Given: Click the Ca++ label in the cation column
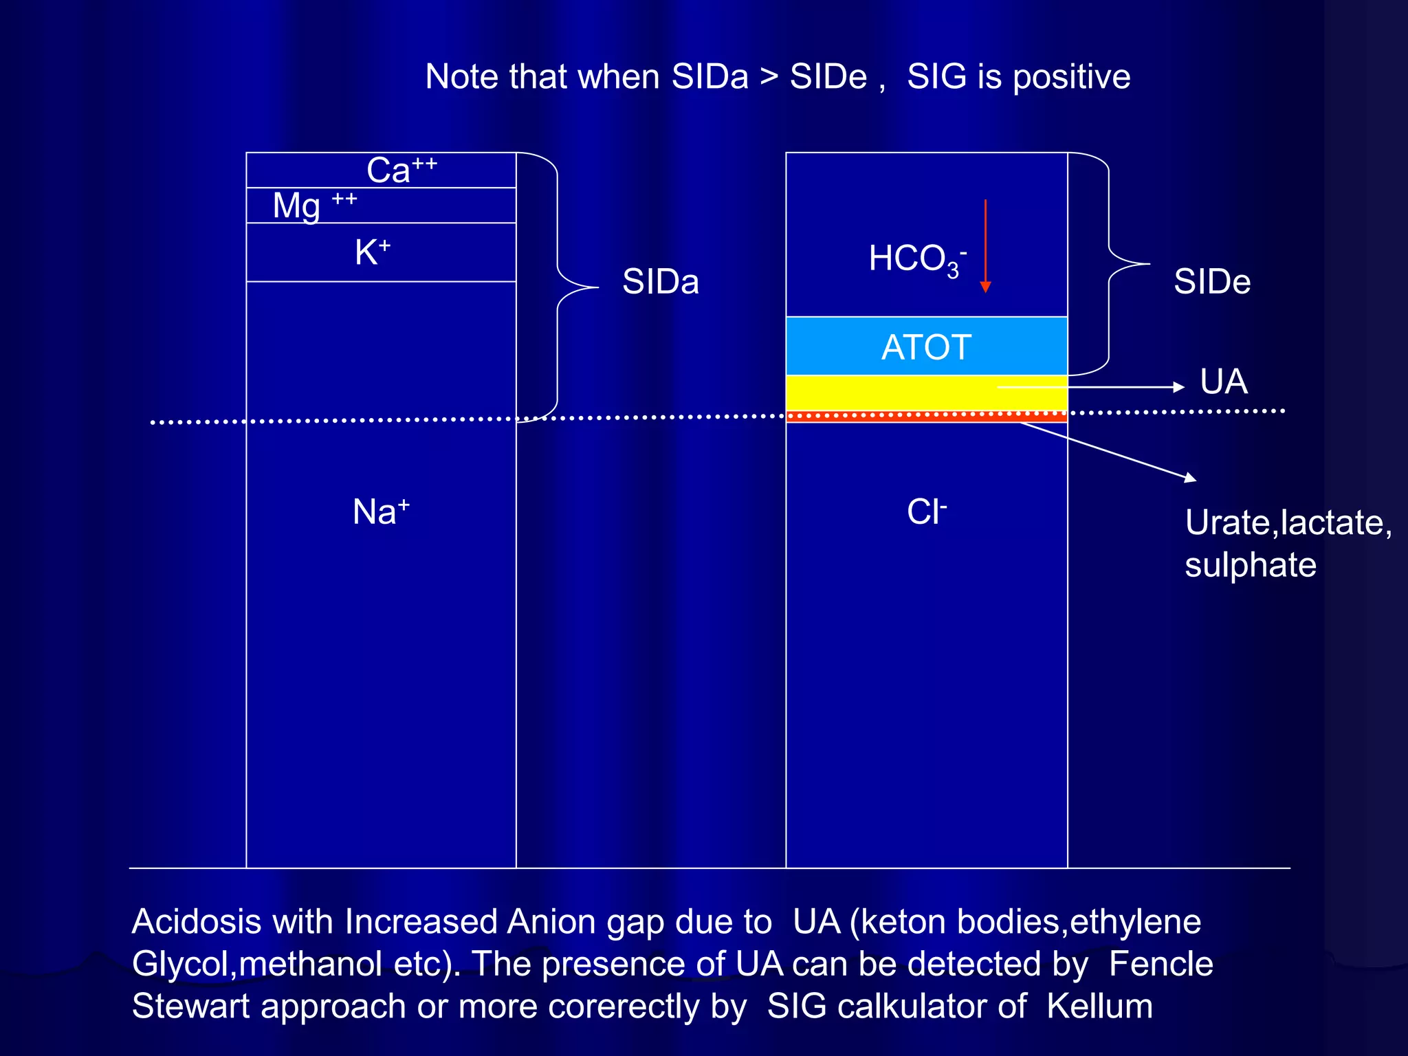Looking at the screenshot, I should click(401, 170).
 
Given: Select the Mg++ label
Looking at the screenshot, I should click(314, 205).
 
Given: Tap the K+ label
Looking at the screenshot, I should click(373, 252).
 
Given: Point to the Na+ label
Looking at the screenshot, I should click(381, 511).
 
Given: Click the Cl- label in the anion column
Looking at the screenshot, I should click(926, 511).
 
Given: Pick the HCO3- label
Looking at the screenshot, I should click(917, 260).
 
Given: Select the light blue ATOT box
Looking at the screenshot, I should click(926, 346).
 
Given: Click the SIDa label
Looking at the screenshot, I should click(660, 282).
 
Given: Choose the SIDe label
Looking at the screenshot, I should click(1212, 282).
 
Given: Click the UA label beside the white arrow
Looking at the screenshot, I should click(1224, 382).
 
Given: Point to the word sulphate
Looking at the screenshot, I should click(1251, 565).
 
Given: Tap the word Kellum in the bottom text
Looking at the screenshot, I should click(1099, 1006).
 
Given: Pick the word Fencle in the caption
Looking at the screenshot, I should click(1160, 964).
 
